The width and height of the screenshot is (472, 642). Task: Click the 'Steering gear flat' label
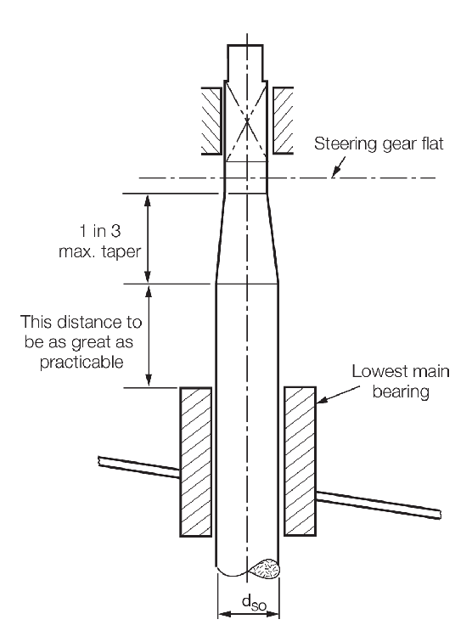click(x=379, y=144)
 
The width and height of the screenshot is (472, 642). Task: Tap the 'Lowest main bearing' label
click(x=401, y=381)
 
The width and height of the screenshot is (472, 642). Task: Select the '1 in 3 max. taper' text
click(x=100, y=241)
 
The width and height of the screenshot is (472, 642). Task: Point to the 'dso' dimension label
click(x=254, y=602)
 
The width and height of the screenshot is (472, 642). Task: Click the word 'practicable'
click(x=81, y=362)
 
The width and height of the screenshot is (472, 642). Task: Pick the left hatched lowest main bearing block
click(x=196, y=461)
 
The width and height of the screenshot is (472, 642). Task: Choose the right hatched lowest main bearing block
click(x=300, y=461)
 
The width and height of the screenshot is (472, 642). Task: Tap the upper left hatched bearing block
click(x=211, y=121)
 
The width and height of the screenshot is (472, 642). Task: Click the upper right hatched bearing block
click(x=283, y=121)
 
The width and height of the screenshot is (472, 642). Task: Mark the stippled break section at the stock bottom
click(x=266, y=569)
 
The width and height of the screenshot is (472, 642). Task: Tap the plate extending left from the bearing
click(x=138, y=467)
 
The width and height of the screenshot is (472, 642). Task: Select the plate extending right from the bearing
click(x=379, y=504)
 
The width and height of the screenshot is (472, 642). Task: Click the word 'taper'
click(x=121, y=252)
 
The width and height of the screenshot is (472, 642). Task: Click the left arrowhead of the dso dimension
click(x=224, y=614)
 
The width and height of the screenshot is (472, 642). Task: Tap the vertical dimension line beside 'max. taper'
click(x=149, y=238)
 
